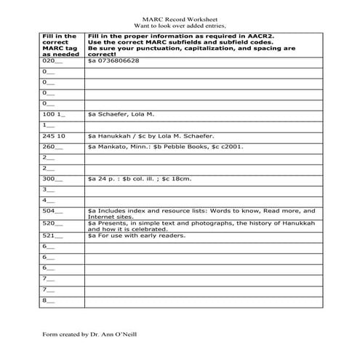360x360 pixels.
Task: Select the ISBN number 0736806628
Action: point(118,61)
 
